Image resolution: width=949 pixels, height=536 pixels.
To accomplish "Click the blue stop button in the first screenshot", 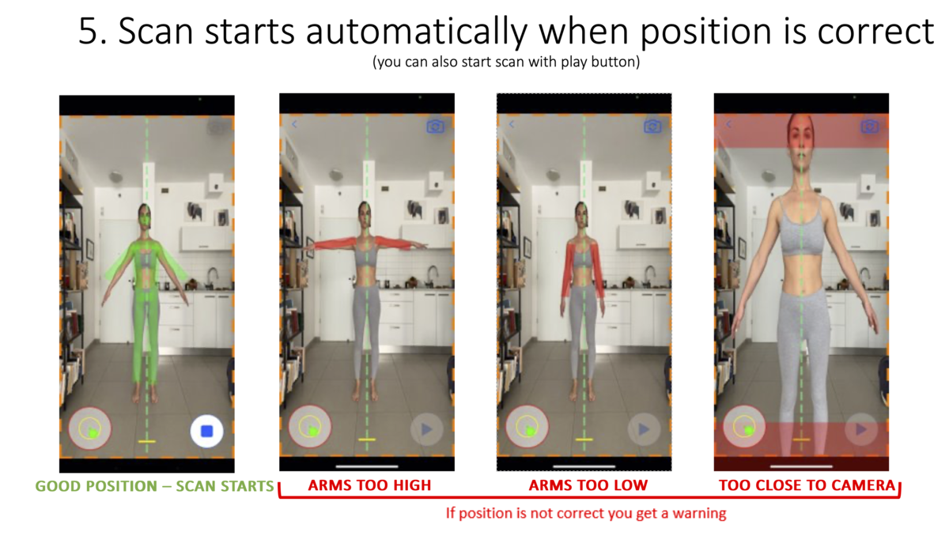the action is click(x=206, y=431).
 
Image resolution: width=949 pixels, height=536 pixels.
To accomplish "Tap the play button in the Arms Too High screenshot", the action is click(x=426, y=429).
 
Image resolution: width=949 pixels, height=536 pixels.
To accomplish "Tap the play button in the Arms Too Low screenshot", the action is click(x=644, y=429).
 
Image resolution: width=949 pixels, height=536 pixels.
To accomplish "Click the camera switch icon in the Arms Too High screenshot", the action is click(x=436, y=126).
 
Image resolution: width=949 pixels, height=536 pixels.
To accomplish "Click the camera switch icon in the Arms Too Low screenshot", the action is click(x=652, y=126).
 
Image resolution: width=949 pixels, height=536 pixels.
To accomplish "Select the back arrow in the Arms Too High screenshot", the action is click(x=294, y=124).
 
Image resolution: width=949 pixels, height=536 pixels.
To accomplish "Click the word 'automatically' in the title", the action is click(x=417, y=32).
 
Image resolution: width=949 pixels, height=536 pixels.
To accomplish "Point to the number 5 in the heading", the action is click(x=89, y=31).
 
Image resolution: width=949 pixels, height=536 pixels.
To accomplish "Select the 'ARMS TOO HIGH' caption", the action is click(x=369, y=485).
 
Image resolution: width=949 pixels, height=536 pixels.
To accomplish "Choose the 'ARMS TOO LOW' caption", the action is click(x=588, y=485).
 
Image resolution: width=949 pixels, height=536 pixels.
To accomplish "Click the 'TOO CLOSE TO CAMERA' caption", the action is click(x=807, y=485).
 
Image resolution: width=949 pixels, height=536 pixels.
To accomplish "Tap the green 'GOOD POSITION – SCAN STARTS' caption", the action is click(x=154, y=486).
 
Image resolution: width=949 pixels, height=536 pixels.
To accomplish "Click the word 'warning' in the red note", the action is click(x=699, y=513).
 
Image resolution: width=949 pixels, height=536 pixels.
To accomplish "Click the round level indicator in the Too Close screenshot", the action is click(x=744, y=426).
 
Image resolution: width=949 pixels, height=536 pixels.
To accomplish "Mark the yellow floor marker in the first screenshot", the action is click(x=146, y=442).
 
